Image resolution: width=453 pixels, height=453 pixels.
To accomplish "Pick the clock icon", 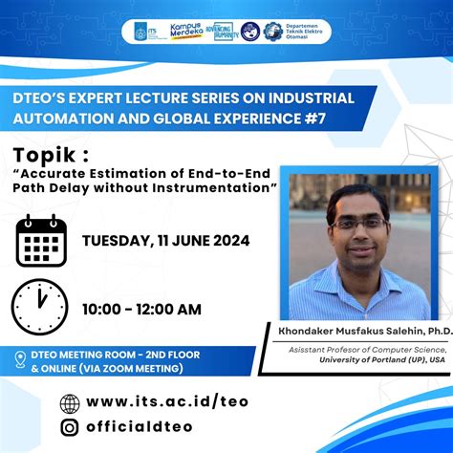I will pos(39,307).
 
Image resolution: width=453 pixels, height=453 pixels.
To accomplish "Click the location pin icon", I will pos(20,360).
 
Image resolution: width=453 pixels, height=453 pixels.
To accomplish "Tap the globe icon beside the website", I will pos(70,403).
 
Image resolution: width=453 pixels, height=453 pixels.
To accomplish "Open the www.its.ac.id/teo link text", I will pos(167,402).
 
